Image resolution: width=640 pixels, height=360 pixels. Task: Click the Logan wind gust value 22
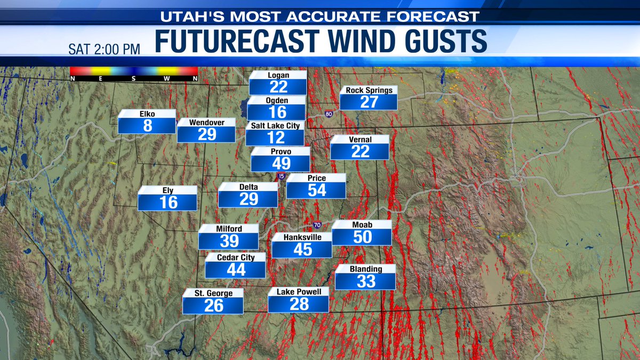[x=278, y=87]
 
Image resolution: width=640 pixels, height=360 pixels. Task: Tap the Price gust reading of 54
[x=316, y=190]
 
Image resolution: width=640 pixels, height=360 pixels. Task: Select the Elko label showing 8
[x=147, y=125]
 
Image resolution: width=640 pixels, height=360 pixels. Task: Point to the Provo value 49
[x=281, y=164]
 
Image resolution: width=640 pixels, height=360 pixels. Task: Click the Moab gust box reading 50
[x=362, y=237]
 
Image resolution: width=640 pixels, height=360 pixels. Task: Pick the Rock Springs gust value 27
[x=369, y=102]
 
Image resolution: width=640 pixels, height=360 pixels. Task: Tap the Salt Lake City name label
[x=275, y=125]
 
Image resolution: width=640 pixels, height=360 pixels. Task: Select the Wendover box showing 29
[x=206, y=134]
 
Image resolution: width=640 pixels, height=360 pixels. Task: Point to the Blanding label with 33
[x=365, y=281]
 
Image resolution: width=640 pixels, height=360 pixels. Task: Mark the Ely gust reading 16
[x=167, y=202]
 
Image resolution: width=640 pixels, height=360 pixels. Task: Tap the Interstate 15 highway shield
[x=281, y=176]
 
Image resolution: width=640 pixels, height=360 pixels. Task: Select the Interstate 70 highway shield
[x=317, y=226]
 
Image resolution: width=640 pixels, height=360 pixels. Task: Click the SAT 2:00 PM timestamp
[x=104, y=49]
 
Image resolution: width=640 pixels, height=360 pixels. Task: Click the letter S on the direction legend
[x=134, y=78]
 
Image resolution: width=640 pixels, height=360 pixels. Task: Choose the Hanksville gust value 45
[x=302, y=249]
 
